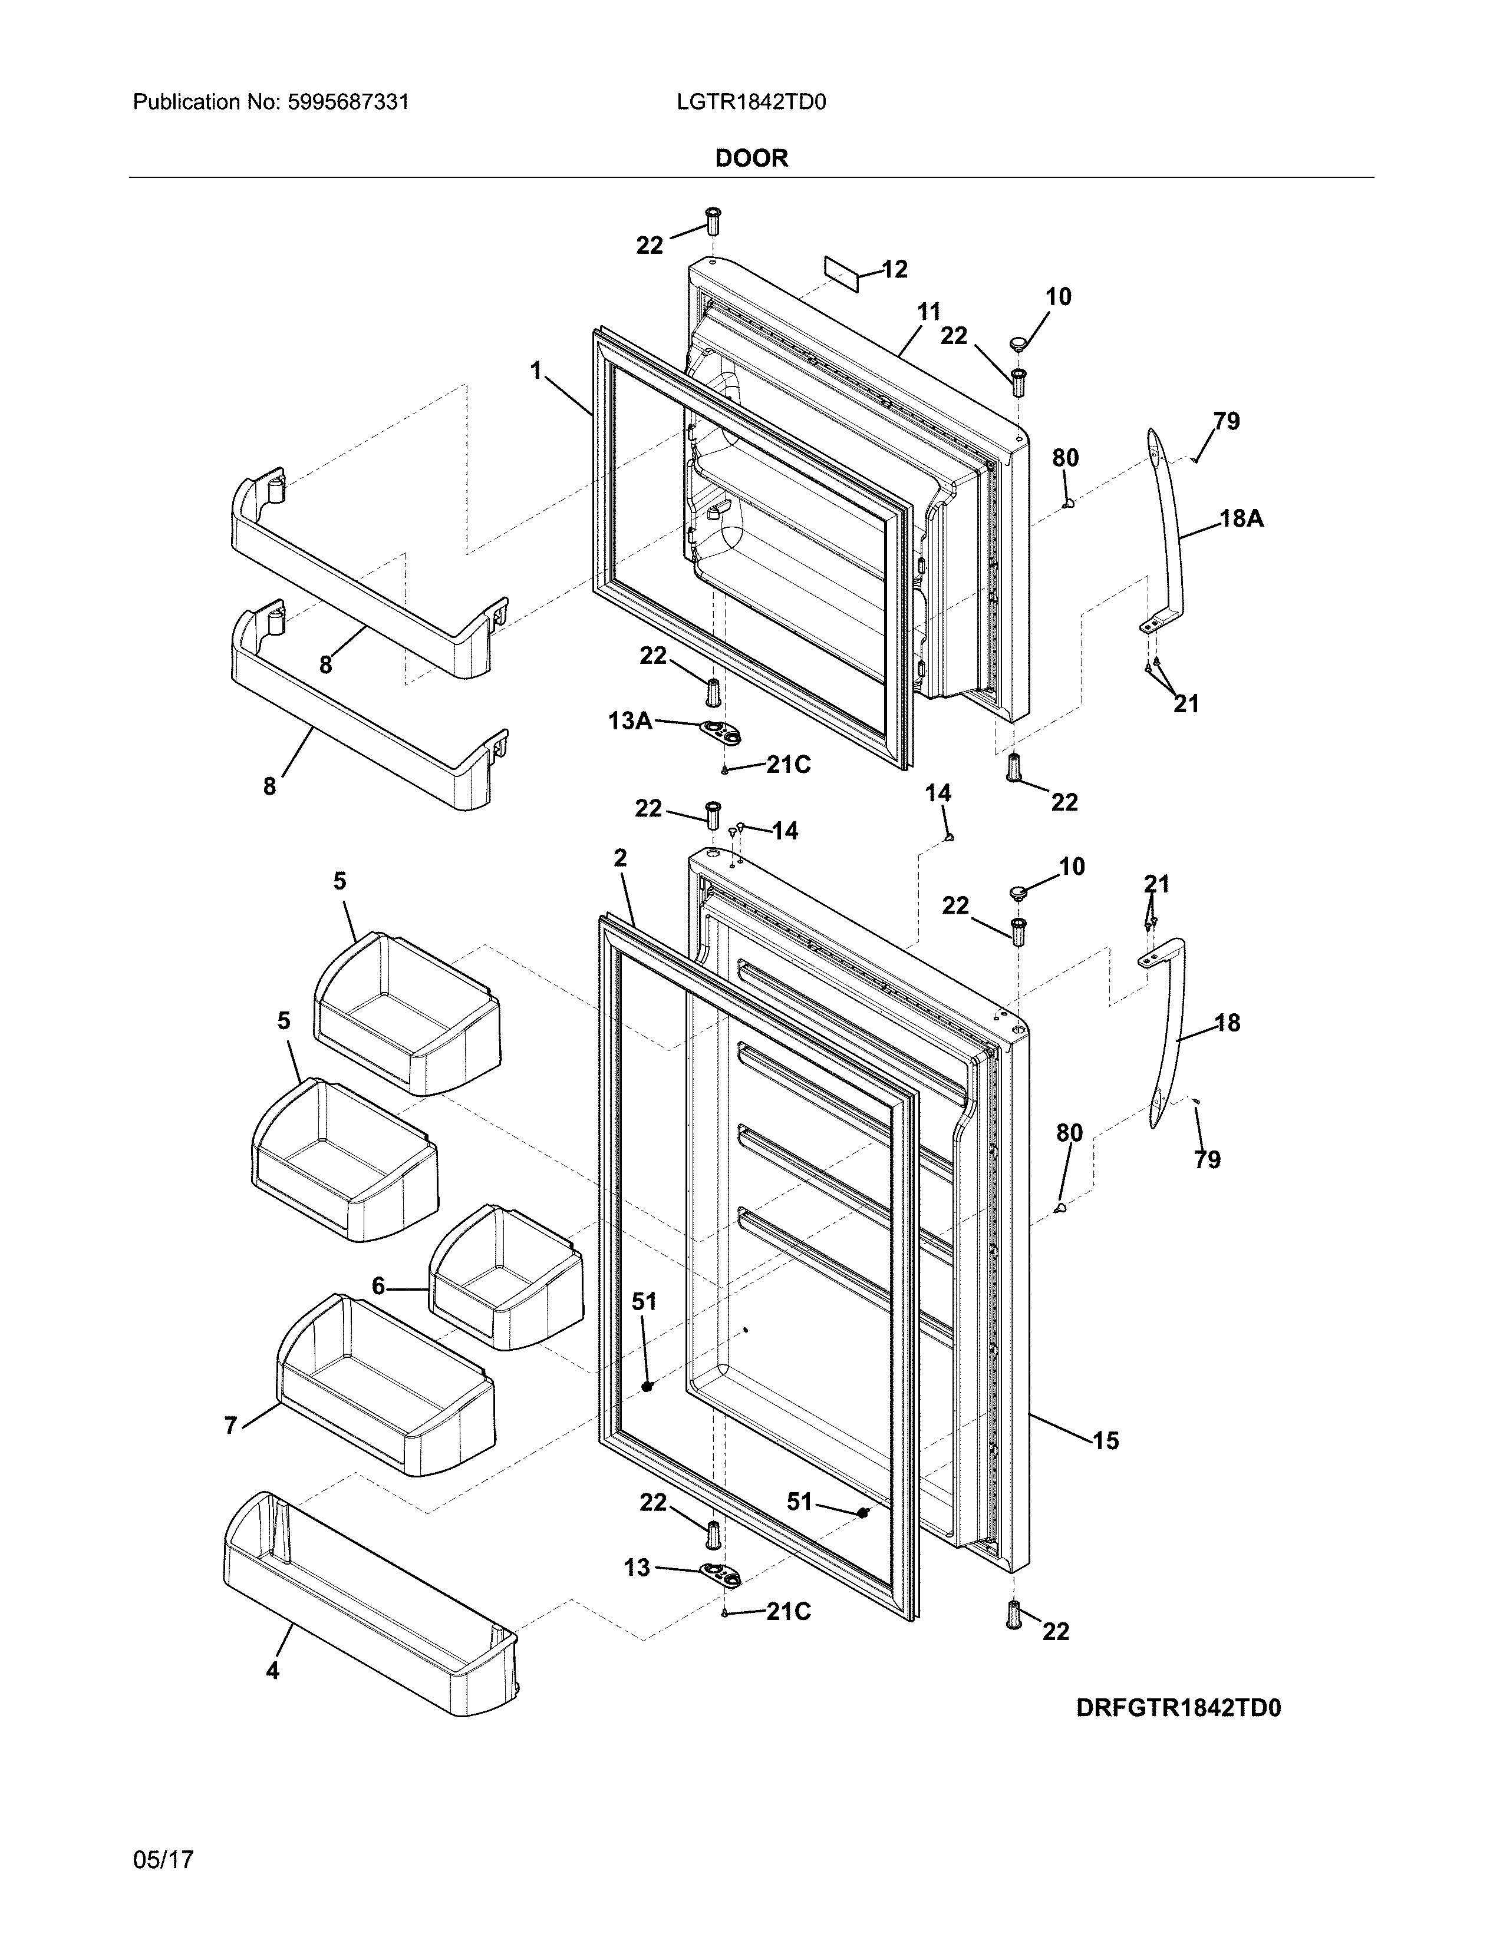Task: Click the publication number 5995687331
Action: pos(348,103)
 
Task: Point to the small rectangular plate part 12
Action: pos(844,272)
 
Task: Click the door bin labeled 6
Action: pos(506,1277)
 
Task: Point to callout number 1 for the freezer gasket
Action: pos(536,371)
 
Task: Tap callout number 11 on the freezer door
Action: pos(929,312)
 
